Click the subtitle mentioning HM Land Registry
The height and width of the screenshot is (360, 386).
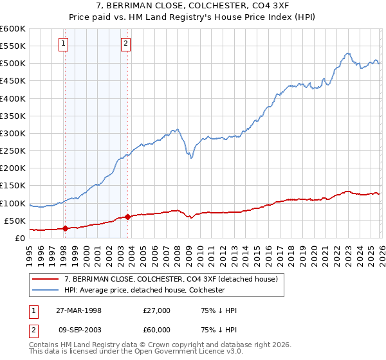(192, 17)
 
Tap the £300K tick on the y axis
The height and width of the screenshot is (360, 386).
(13, 133)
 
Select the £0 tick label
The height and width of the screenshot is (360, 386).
(20, 238)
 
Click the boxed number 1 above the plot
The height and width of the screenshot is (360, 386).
(64, 44)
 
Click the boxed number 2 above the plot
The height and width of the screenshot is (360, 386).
(125, 44)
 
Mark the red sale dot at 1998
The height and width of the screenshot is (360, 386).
(66, 228)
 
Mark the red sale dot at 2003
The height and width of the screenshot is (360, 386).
(127, 217)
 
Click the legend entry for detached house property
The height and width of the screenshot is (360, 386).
(170, 279)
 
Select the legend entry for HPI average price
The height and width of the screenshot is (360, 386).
(144, 290)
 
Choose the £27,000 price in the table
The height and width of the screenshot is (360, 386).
(157, 310)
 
